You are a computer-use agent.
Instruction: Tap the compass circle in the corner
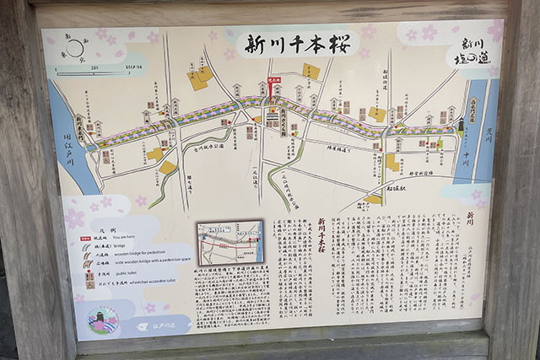pos(75,49)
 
